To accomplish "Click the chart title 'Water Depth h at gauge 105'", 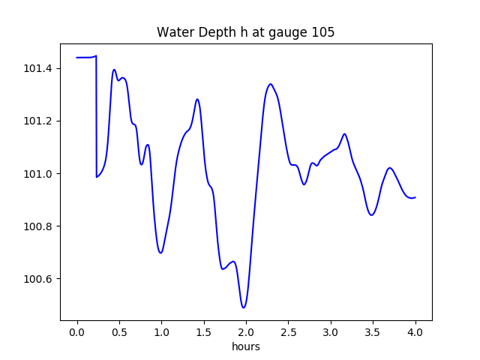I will (245, 33).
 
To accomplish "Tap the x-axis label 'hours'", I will (245, 347).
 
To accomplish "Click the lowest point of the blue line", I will (244, 307).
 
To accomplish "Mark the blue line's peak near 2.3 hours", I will (270, 84).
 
